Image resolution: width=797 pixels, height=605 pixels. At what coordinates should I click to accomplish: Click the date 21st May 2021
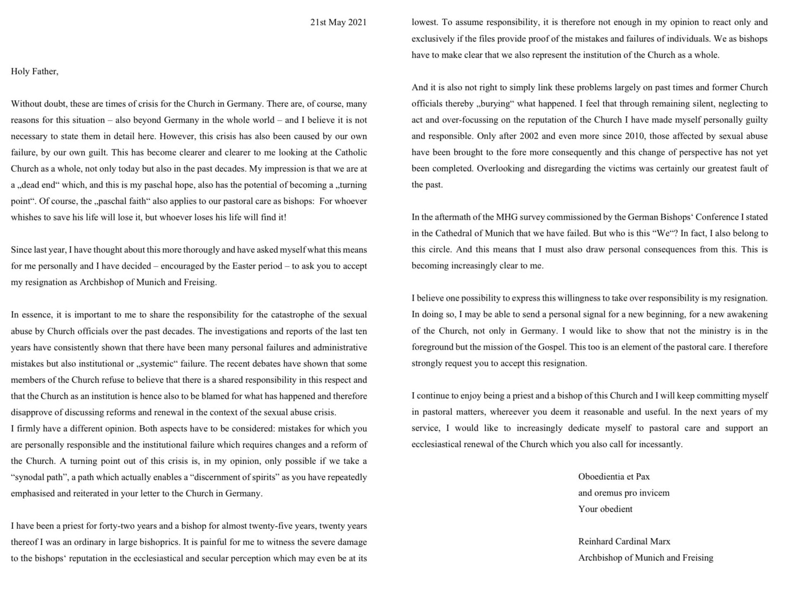coord(338,22)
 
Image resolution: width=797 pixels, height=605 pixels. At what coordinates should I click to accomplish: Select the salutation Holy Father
coord(35,72)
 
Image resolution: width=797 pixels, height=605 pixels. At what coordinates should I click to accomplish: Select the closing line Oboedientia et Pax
coord(614,477)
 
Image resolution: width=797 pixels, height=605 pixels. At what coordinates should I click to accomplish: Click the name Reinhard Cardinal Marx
coord(624,542)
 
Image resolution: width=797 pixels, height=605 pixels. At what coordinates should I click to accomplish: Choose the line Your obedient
coord(605,509)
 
